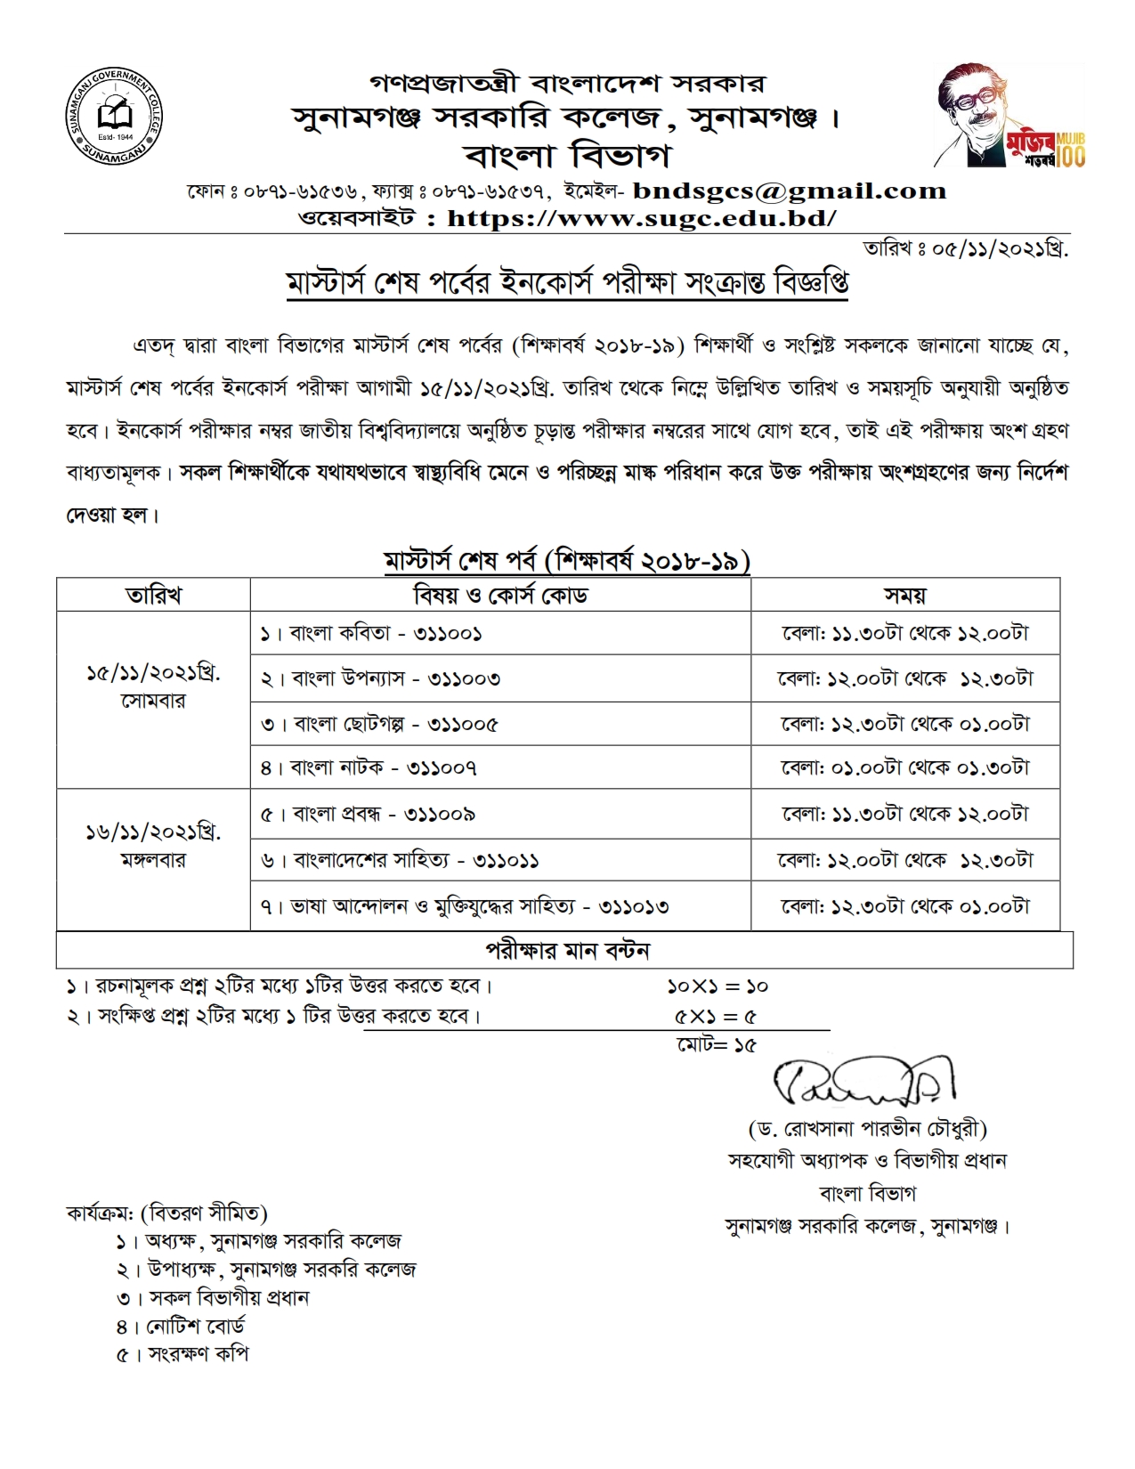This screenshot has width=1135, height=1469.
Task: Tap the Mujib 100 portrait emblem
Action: coord(1010,116)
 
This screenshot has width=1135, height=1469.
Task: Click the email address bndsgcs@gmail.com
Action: coord(789,191)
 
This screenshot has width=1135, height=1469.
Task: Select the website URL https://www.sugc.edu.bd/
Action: coord(641,218)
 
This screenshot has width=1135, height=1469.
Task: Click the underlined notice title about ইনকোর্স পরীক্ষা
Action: coord(567,283)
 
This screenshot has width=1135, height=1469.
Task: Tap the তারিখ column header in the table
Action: coord(153,595)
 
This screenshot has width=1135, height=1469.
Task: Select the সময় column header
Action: coord(904,595)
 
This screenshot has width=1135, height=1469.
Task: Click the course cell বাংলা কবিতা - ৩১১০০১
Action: coord(371,633)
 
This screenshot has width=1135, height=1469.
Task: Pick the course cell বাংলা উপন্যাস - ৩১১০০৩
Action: coord(380,678)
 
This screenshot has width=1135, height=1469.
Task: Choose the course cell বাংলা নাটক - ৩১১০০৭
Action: coord(369,767)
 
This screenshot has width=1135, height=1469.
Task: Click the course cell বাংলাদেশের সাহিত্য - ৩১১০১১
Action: coord(400,861)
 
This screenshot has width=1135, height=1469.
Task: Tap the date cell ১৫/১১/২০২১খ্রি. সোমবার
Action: coord(153,686)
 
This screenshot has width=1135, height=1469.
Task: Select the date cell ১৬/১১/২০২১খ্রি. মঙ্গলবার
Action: coord(153,845)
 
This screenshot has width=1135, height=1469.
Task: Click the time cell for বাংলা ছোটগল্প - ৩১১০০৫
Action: coord(904,724)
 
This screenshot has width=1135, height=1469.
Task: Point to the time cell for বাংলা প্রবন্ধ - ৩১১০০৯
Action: coord(904,814)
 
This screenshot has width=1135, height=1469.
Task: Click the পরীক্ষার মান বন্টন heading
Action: coord(567,950)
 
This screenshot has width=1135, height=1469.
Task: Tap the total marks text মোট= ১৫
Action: coord(716,1045)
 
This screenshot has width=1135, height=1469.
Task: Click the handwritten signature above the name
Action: coord(863,1080)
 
